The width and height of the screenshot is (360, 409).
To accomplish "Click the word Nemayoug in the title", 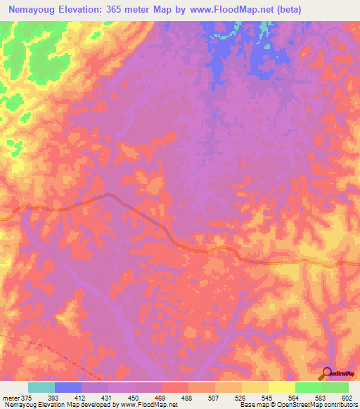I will (x=34, y=10).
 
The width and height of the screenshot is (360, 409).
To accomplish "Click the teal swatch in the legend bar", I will (x=41, y=387).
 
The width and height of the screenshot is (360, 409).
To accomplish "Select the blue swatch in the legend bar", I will (x=68, y=387).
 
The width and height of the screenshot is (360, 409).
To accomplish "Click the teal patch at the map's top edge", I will (x=264, y=28).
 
